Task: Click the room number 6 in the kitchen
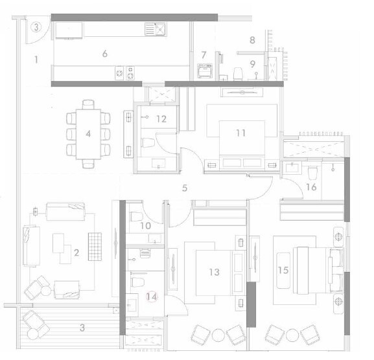tap(104, 54)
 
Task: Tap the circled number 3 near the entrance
tap(37, 27)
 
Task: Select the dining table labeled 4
tap(88, 134)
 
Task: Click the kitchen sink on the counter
tap(156, 28)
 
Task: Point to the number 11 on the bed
tap(240, 133)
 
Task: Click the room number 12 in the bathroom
tap(161, 119)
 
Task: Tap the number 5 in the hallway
tap(185, 188)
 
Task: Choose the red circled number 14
tap(152, 297)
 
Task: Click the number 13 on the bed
tap(214, 273)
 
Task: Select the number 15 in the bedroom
tap(283, 270)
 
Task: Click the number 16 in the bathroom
tap(311, 188)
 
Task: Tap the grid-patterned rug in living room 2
tap(95, 245)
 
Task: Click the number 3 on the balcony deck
tap(82, 327)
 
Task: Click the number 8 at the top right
tap(252, 40)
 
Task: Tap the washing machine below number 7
tap(204, 69)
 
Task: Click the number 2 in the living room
tap(76, 253)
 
